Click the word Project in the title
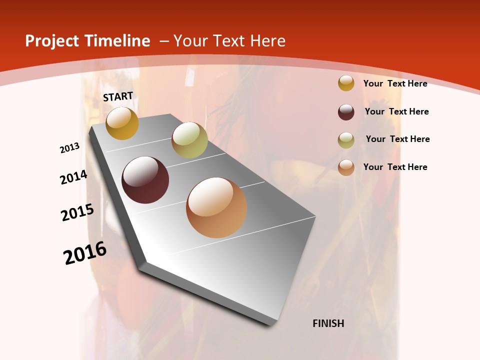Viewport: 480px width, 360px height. pyautogui.click(x=51, y=41)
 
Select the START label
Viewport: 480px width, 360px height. pyautogui.click(x=118, y=96)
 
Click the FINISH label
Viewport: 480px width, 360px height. pyautogui.click(x=328, y=323)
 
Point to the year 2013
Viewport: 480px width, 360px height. pyautogui.click(x=70, y=148)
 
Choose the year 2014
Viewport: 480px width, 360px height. pyautogui.click(x=73, y=177)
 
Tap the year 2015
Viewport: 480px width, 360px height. pyautogui.click(x=77, y=212)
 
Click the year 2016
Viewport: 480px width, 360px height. pyautogui.click(x=85, y=253)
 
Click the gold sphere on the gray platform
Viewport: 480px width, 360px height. pyautogui.click(x=122, y=123)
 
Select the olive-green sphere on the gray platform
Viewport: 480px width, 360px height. pyautogui.click(x=189, y=139)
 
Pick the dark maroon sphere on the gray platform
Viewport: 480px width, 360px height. pyautogui.click(x=145, y=180)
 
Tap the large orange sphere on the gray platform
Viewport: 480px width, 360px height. pyautogui.click(x=216, y=207)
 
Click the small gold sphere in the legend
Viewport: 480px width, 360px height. pyautogui.click(x=346, y=83)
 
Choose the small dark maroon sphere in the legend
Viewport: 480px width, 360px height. pyautogui.click(x=346, y=112)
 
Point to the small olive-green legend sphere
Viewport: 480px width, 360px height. pyautogui.click(x=346, y=140)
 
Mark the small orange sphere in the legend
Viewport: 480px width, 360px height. pyautogui.click(x=346, y=167)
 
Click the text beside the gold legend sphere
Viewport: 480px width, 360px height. pyautogui.click(x=395, y=83)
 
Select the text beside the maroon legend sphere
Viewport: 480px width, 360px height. pyautogui.click(x=396, y=111)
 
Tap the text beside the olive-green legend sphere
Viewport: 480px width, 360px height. pyautogui.click(x=397, y=139)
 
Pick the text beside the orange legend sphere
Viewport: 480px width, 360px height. pyautogui.click(x=395, y=167)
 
